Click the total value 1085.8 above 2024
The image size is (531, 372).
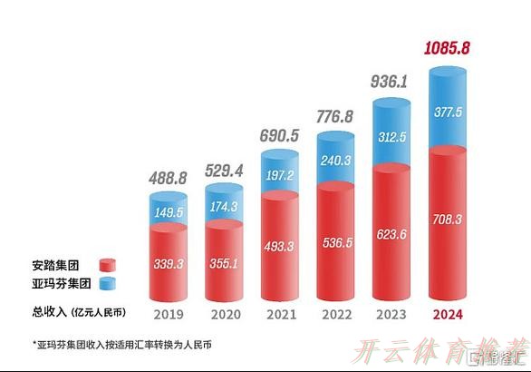tap(453, 49)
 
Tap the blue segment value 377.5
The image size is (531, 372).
tap(452, 113)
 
